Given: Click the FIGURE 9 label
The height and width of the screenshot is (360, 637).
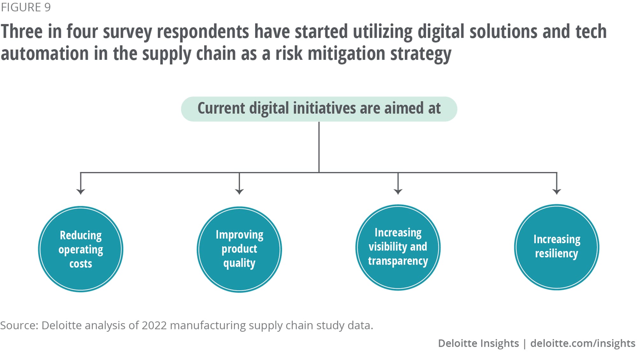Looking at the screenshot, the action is [x=26, y=7].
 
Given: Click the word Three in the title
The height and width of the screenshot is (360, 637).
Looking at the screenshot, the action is [x=22, y=32].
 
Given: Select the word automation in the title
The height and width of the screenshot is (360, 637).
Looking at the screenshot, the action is [x=45, y=53].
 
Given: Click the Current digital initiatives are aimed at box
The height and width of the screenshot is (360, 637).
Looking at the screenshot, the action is [x=319, y=109].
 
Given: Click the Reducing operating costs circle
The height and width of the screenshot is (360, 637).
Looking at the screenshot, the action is [x=81, y=249].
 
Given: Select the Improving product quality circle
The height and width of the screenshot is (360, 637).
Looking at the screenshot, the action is [x=239, y=249].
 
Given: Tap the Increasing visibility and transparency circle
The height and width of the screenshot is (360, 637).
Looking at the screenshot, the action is [x=398, y=247].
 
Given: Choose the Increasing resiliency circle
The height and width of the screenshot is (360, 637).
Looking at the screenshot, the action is [x=557, y=247].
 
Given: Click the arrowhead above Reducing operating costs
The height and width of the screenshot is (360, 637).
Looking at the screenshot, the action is [x=81, y=191].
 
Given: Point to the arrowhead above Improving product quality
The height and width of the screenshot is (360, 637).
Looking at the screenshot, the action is [x=239, y=191].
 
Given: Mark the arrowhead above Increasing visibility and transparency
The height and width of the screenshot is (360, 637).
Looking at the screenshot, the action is [x=398, y=191].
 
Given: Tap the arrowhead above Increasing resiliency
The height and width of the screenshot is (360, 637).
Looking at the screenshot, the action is [x=557, y=191].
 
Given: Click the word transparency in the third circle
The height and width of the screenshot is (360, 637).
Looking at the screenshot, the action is [x=398, y=261].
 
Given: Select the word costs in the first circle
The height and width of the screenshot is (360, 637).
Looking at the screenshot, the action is [x=81, y=264].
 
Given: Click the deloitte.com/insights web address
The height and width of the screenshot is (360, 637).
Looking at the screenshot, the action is [x=583, y=343].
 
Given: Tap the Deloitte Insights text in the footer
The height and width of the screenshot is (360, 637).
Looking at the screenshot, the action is [x=478, y=343].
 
